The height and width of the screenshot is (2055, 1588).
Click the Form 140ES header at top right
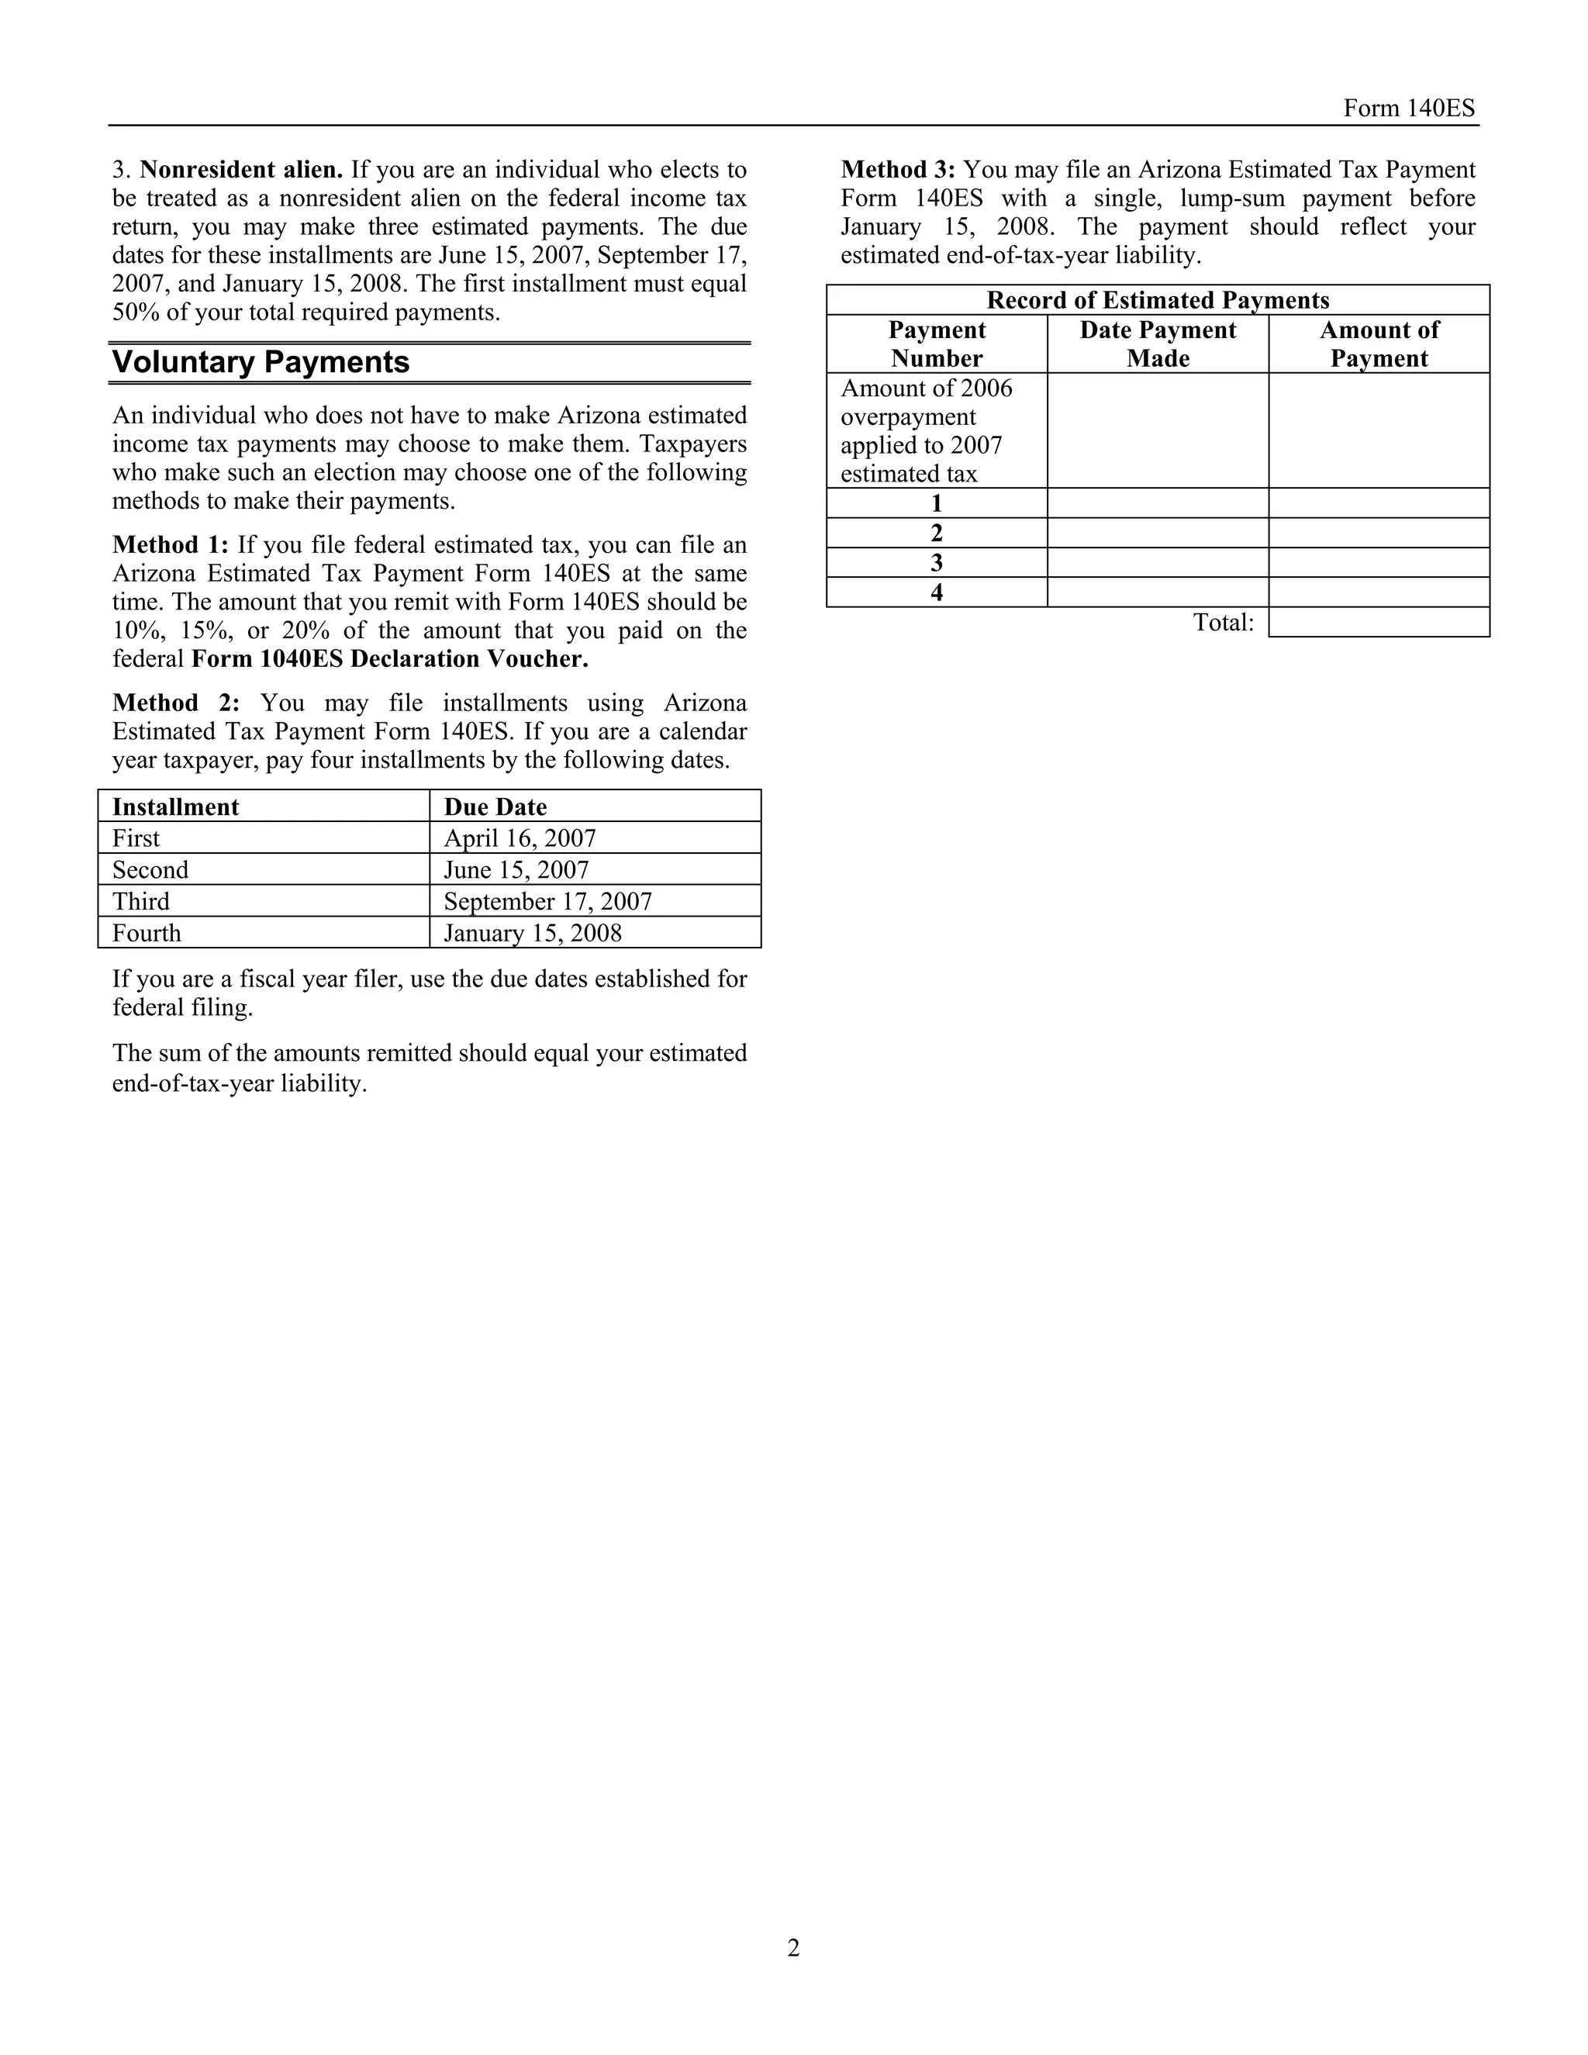point(1408,109)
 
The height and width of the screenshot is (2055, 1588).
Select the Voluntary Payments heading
point(261,362)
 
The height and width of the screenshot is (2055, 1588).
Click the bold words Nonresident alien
point(241,171)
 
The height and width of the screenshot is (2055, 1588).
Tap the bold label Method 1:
point(171,545)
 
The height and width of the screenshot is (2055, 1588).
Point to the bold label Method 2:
point(176,703)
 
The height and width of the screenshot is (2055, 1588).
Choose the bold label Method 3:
point(899,171)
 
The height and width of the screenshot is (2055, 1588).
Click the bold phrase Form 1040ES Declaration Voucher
point(389,658)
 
